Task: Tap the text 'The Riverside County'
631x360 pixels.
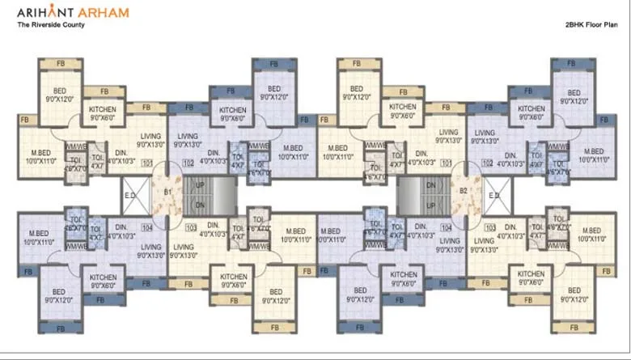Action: (51, 25)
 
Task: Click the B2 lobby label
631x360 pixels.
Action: (464, 192)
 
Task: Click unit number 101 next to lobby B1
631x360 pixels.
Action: (146, 163)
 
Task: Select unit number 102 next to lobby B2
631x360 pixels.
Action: (488, 163)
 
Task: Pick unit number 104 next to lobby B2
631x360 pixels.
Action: (447, 228)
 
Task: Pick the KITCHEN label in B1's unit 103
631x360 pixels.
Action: (234, 280)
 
